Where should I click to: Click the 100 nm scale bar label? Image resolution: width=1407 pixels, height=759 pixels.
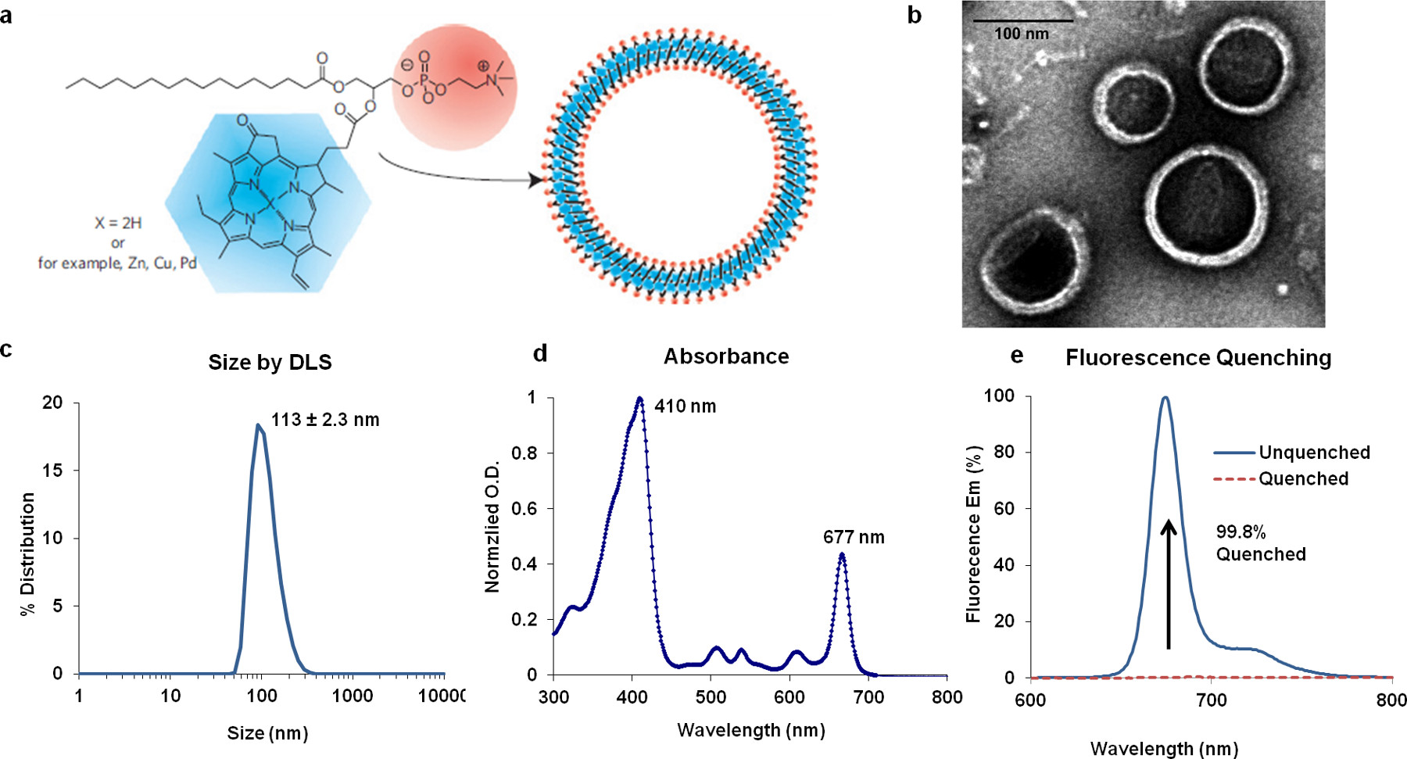(x=1021, y=34)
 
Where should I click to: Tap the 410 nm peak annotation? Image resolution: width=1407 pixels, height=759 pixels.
(x=685, y=406)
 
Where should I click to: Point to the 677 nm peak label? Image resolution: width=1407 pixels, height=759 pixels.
(x=854, y=538)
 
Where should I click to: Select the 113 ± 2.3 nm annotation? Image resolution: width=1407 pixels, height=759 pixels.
(x=325, y=420)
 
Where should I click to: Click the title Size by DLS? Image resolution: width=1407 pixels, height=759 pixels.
(x=270, y=363)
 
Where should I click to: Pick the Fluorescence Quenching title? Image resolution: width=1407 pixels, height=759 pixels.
(x=1198, y=358)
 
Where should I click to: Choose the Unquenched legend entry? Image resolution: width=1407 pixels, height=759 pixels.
(x=1313, y=453)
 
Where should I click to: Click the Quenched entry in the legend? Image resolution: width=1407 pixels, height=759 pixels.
(x=1303, y=478)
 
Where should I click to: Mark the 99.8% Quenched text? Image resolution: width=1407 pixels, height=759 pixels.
(x=1260, y=543)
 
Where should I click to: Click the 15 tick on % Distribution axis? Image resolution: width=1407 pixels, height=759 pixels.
(x=52, y=471)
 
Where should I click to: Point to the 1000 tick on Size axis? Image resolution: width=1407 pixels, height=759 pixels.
(x=353, y=696)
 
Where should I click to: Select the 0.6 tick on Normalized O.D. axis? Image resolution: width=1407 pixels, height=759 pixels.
(x=524, y=508)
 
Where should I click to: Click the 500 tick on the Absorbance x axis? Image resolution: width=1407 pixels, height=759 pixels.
(x=711, y=696)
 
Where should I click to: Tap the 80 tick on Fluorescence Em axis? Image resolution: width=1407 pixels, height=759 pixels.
(x=1004, y=452)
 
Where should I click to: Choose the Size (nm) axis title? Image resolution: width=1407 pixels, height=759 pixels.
(x=267, y=733)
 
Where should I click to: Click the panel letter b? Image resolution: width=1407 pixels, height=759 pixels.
(x=914, y=16)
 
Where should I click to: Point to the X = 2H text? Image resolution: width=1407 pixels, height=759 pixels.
(x=118, y=223)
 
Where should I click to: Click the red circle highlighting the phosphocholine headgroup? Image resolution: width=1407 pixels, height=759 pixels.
(x=455, y=86)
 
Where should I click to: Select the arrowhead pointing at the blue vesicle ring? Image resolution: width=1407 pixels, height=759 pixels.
(x=535, y=181)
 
